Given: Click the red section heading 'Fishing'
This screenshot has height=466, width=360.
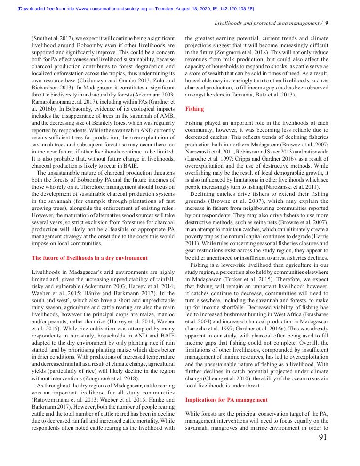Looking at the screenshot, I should click(x=194, y=109).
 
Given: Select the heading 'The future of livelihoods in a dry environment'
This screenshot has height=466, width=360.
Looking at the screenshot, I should click(x=89, y=258).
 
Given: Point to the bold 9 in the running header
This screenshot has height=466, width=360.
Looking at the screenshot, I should click(x=327, y=23).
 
